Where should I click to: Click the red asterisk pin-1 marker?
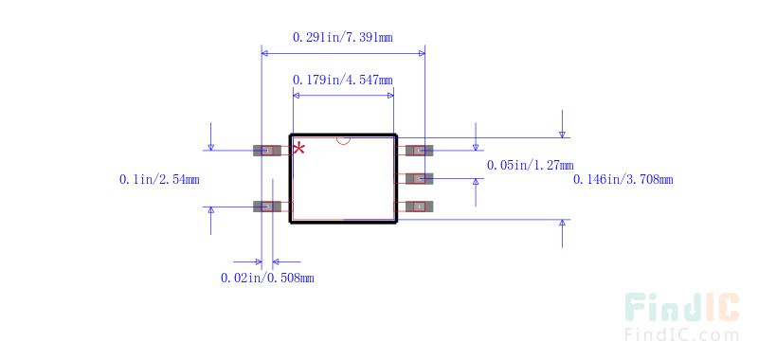tap(299, 148)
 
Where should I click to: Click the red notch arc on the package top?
tap(343, 141)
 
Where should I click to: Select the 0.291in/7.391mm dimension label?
tap(342, 37)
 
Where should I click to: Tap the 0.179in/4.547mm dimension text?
tap(342, 80)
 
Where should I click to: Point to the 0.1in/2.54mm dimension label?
tap(158, 178)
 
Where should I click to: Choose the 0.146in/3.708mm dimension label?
tap(623, 178)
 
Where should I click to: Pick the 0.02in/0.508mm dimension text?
tap(266, 278)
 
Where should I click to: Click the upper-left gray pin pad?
tap(268, 150)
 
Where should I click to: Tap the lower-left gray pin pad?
tap(268, 207)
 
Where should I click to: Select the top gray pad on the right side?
tap(419, 150)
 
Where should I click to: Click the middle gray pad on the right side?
tap(419, 178)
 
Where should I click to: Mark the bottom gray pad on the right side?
tap(419, 207)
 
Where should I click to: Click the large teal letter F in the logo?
tap(638, 308)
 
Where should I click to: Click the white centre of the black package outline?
tap(342, 180)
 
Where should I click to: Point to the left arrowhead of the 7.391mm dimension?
tap(265, 53)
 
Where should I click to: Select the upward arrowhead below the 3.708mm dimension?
tap(562, 224)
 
